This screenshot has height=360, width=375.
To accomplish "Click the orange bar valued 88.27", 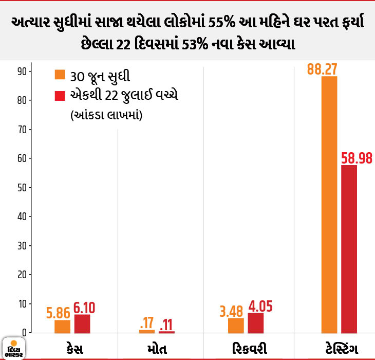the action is coord(329,205).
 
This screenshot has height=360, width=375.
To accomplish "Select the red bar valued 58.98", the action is coord(349,249).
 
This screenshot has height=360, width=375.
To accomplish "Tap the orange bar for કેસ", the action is coord(63,327).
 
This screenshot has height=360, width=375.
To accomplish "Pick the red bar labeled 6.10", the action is coord(82,323).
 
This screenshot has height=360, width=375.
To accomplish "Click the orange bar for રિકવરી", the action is coord(236,326).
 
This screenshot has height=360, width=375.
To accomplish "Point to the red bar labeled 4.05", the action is coord(256,323).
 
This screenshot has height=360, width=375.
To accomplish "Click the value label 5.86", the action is coord(58,313).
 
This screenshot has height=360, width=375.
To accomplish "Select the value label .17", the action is coord(146,323).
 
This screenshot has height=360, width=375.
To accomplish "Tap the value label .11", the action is coord(166,325).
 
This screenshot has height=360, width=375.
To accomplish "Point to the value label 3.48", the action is coord(231,312).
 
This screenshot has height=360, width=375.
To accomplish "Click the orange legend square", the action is coord(60,75).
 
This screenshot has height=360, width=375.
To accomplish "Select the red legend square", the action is coord(60,96).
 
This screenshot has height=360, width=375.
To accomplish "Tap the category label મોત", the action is coord(157,349).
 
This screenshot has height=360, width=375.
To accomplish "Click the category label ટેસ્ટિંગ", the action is coord(342,349).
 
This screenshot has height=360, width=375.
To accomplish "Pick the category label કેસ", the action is coord(75,349).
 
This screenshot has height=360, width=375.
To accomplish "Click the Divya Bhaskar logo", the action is coord(14,349).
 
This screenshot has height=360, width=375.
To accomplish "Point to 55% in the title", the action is coord(222,23).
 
